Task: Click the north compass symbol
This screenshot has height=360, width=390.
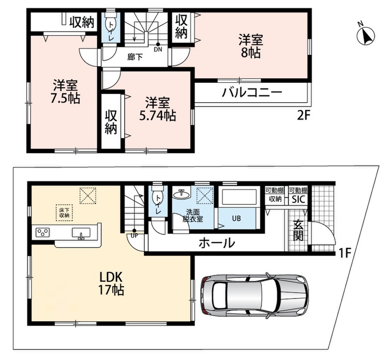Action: click(366, 36)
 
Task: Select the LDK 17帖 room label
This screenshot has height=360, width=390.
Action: click(111, 283)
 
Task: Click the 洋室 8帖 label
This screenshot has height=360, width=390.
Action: click(251, 47)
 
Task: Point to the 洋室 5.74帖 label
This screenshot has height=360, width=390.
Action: click(158, 109)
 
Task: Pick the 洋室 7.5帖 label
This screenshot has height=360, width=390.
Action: click(65, 91)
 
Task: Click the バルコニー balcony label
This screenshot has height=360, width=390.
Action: click(252, 93)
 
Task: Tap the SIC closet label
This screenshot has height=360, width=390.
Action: click(298, 199)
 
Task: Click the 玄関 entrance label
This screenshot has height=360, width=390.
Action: click(298, 231)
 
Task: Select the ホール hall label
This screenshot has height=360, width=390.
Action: click(216, 243)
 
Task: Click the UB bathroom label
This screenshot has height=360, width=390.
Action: click(236, 218)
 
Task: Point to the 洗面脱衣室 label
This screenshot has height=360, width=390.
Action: click(193, 216)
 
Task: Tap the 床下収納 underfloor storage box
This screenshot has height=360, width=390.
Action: click(64, 212)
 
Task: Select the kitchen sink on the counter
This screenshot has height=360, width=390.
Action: click(82, 233)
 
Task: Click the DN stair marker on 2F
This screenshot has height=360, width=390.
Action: click(158, 47)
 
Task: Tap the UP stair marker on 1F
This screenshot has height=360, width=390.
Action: click(134, 234)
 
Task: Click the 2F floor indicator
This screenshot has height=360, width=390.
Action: click(304, 115)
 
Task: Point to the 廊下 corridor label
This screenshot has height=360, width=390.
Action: click(135, 58)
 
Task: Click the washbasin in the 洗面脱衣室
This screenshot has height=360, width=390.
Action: click(181, 193)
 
